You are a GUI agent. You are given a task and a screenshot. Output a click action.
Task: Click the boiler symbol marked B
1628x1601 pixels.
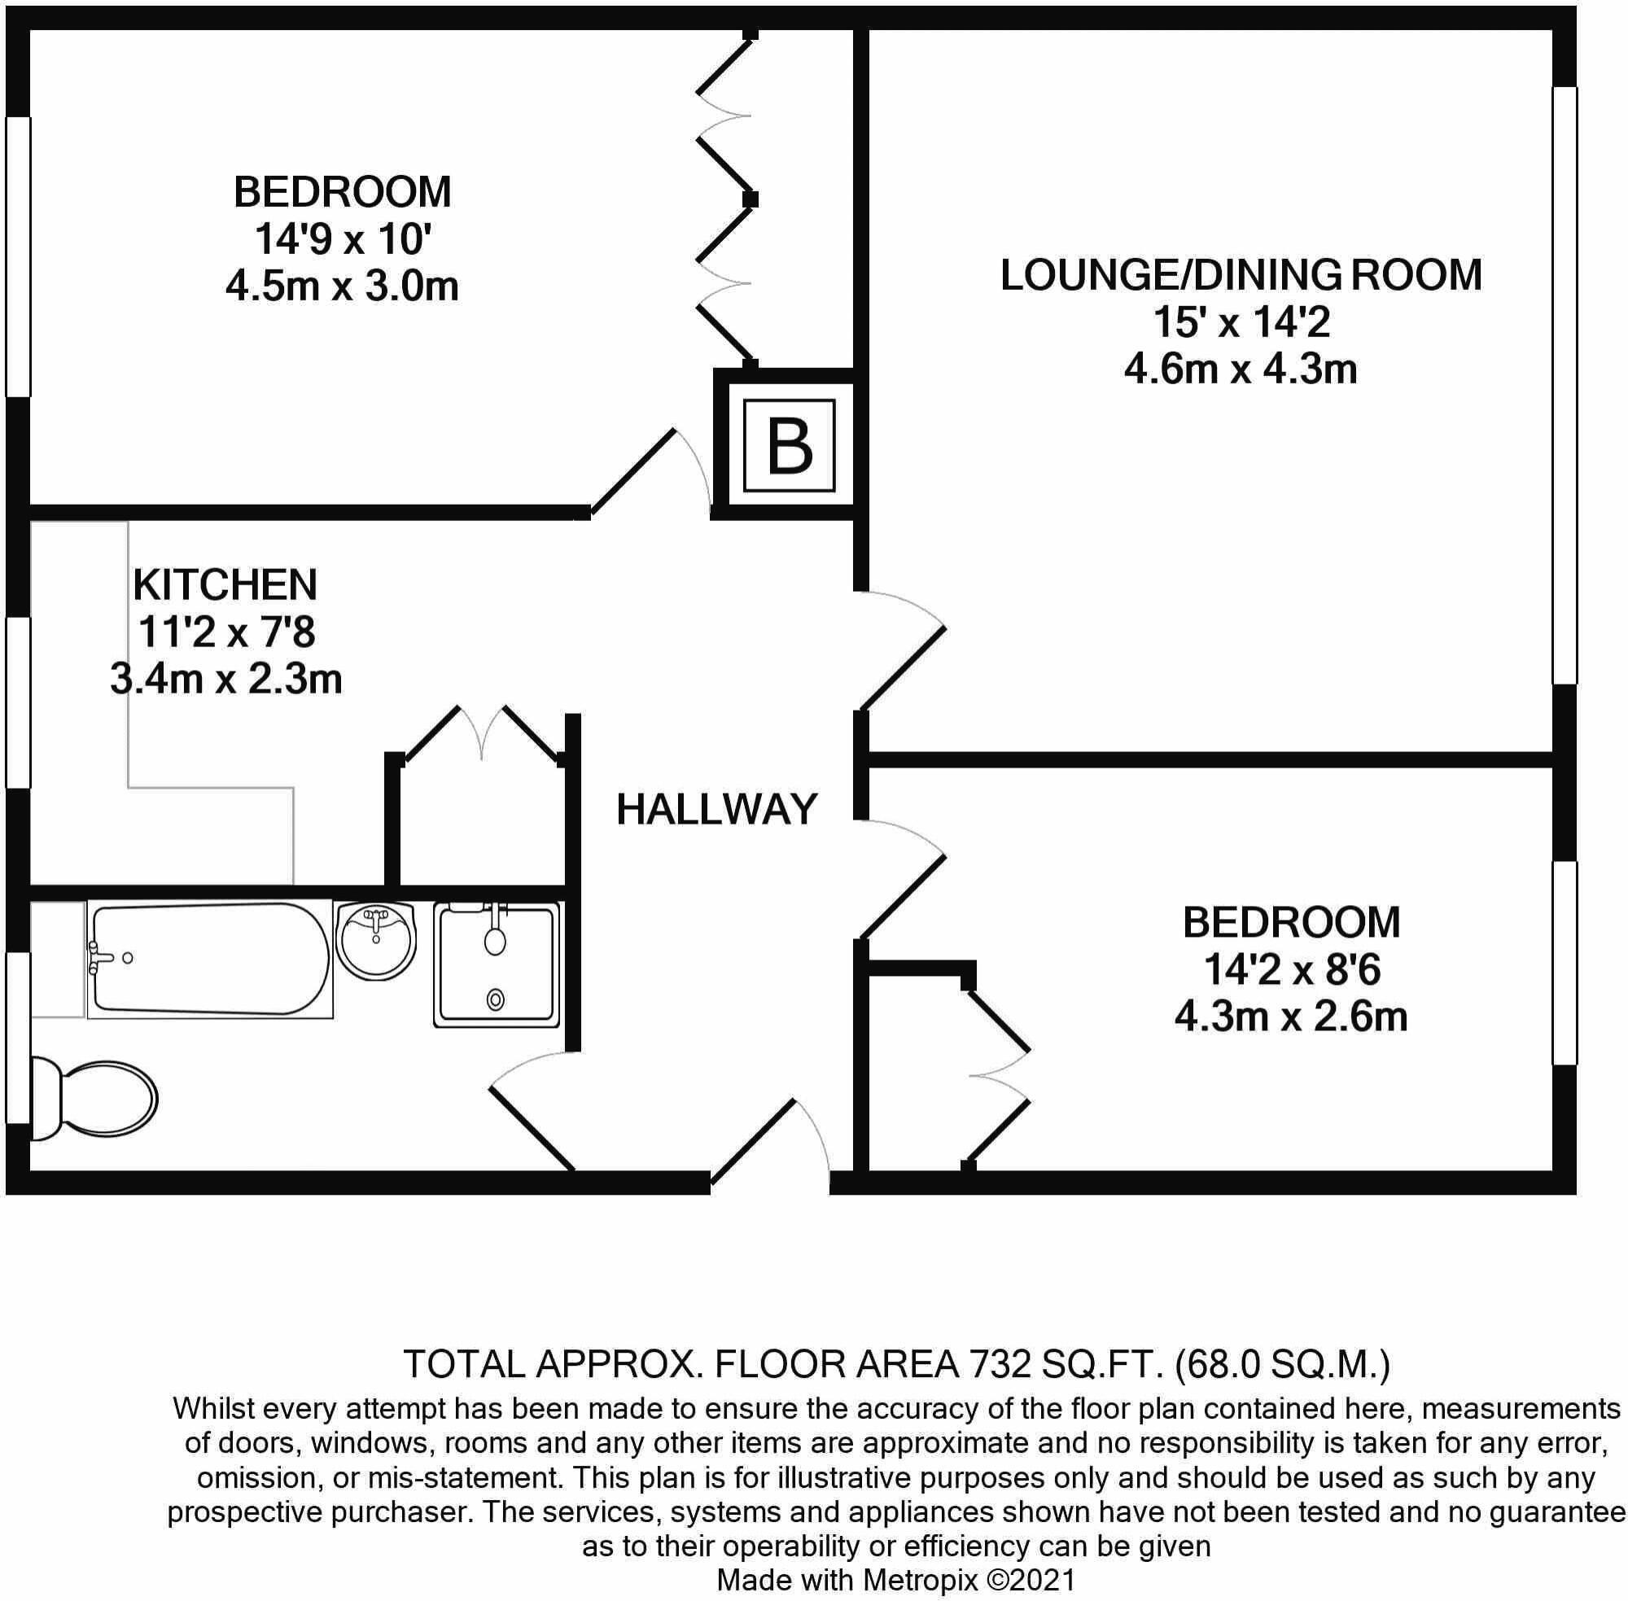789,447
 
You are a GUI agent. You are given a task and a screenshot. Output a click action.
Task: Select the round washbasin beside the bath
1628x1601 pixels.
376,939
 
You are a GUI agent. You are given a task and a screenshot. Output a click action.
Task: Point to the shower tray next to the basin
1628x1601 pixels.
497,965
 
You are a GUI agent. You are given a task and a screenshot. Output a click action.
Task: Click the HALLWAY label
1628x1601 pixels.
716,810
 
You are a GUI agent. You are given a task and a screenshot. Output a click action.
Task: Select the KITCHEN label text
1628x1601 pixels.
225,584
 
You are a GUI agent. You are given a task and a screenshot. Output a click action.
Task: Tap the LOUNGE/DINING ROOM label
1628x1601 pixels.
1241,275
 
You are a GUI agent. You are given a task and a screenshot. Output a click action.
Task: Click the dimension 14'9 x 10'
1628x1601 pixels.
342,239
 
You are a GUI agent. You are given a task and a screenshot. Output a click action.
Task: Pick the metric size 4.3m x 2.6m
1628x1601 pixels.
1291,1017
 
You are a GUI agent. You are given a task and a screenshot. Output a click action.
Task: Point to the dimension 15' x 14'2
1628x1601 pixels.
1241,322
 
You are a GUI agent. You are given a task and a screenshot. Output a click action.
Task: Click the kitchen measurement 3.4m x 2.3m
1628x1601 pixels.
226,680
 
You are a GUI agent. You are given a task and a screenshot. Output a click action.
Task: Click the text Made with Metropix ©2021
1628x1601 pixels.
895,1579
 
